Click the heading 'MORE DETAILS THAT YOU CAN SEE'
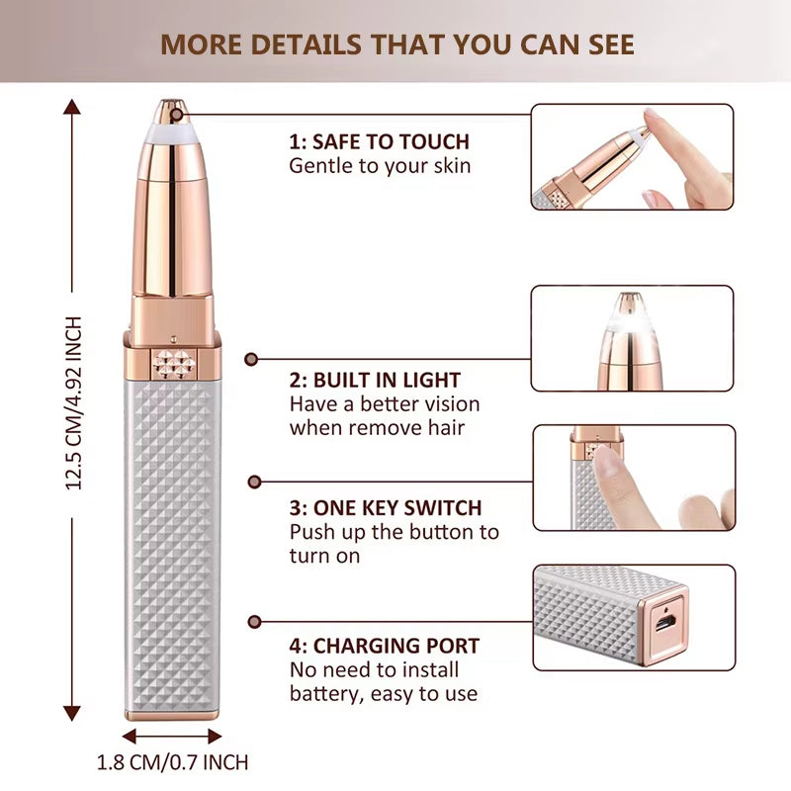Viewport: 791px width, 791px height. pos(397,44)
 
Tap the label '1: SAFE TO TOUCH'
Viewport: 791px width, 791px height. pos(379,141)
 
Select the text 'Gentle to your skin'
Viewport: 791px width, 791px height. pos(380,166)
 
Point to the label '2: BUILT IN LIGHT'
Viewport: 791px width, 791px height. pos(375,380)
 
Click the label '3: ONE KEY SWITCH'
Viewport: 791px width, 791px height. pos(386,508)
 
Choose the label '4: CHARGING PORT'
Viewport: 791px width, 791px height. pos(385,647)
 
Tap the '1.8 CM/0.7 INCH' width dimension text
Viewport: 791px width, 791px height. pos(172,762)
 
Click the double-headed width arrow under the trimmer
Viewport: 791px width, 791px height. pos(172,736)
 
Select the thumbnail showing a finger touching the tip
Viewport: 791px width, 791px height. pos(633,157)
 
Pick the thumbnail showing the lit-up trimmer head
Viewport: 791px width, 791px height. pos(633,338)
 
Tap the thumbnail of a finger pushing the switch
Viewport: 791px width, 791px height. pos(633,478)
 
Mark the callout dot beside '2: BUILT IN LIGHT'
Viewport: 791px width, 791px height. pos(251,360)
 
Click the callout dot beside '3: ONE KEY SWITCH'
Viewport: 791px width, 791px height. pos(254,482)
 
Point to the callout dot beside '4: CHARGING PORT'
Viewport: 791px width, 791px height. pos(254,621)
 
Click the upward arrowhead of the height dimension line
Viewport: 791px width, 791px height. pos(71,105)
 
